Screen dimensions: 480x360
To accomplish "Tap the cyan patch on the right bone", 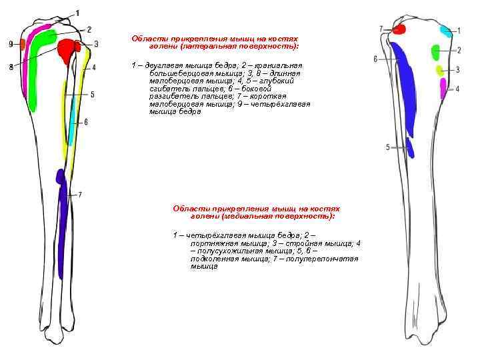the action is [x=445, y=30].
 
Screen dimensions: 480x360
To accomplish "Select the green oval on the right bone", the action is [x=436, y=51].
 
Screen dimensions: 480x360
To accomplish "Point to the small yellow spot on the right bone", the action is [x=439, y=69].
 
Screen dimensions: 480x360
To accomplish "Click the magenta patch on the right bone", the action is [x=443, y=87].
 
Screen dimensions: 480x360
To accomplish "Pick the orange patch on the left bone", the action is [x=23, y=44].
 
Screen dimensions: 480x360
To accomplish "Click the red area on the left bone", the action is [x=67, y=49].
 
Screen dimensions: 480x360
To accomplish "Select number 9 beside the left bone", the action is [x=11, y=44].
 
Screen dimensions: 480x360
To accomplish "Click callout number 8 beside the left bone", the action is [x=11, y=67].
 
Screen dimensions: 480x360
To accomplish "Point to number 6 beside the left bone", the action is [x=86, y=122].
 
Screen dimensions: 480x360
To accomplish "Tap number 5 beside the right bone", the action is [x=387, y=147].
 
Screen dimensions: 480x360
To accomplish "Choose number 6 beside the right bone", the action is [x=375, y=59].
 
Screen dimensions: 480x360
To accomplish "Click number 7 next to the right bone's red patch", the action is [x=381, y=29].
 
